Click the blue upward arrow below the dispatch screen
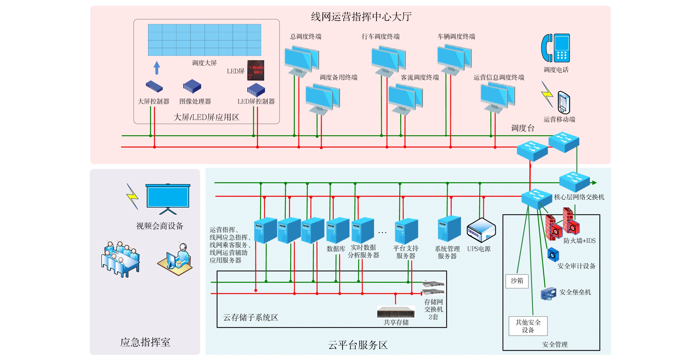(x=157, y=68)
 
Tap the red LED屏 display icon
(x=256, y=70)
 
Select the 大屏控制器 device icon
(x=154, y=86)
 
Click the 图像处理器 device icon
(x=192, y=86)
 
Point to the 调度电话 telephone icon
(x=556, y=48)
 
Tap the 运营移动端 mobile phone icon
(x=564, y=103)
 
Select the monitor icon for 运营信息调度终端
(x=498, y=97)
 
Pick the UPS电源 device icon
(x=481, y=230)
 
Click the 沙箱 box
(x=517, y=281)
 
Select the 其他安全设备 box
(x=528, y=326)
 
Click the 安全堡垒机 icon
(x=549, y=294)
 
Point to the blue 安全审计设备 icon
(x=553, y=255)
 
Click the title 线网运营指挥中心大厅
(x=361, y=17)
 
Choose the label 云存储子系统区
(x=251, y=317)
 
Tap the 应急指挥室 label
(x=145, y=342)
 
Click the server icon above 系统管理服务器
(x=449, y=229)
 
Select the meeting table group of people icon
(x=120, y=259)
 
